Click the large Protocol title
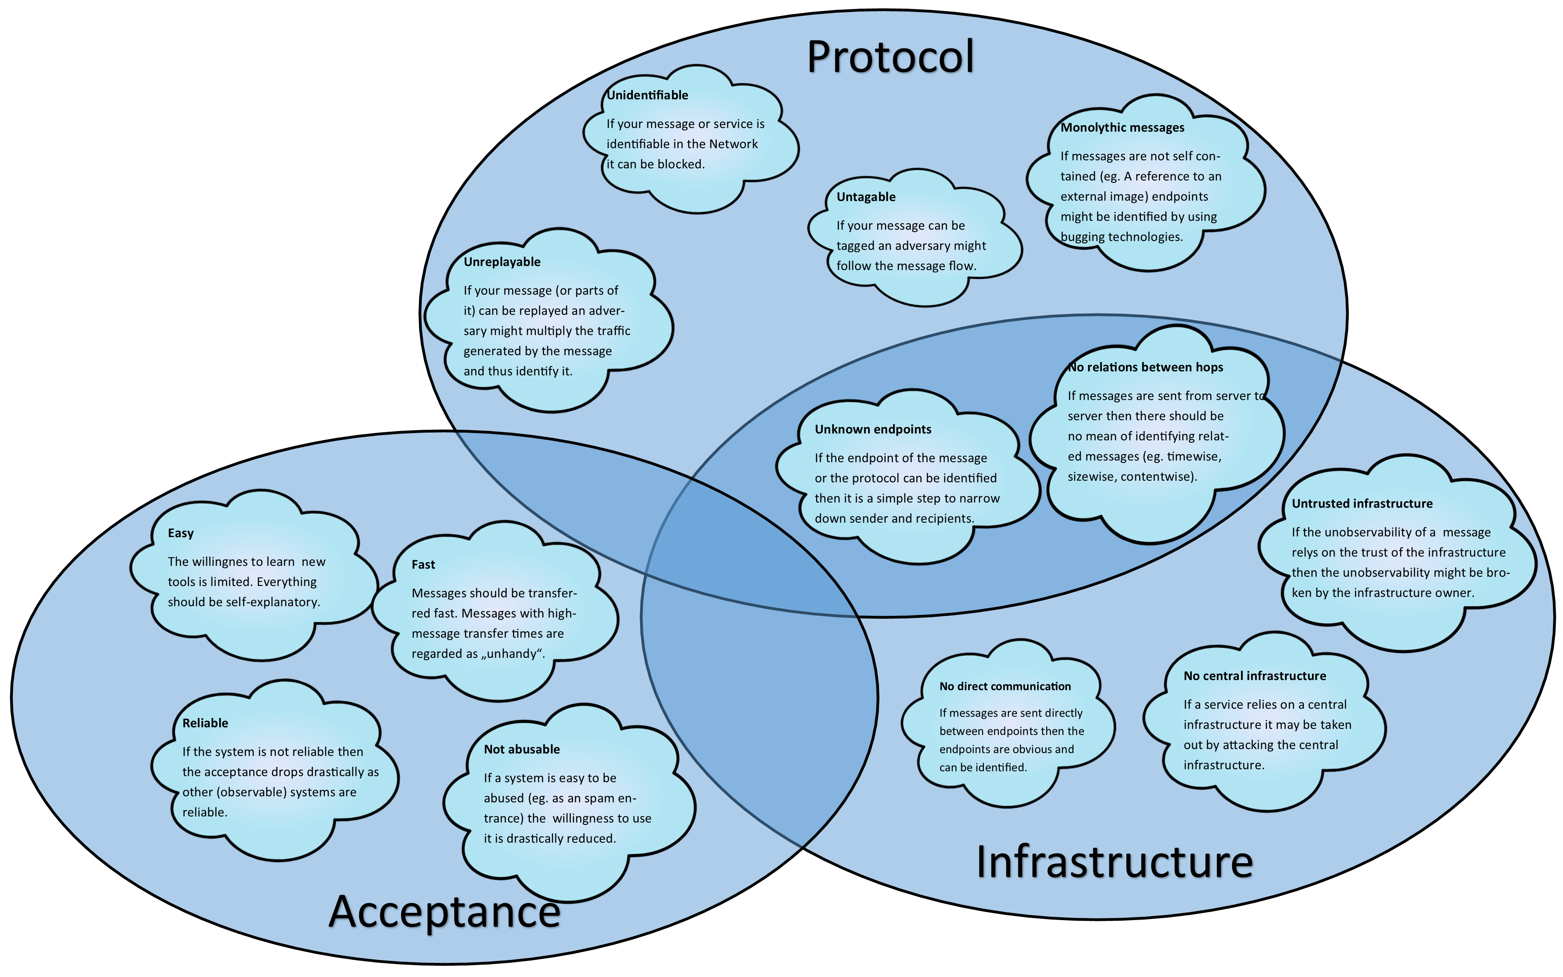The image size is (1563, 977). coord(890,57)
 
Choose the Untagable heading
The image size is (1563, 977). coord(866,197)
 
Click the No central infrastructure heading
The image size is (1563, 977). coord(1255,676)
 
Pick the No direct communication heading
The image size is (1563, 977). coord(1005,686)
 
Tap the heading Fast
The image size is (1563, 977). coord(423,565)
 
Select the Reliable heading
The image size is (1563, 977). coord(205,723)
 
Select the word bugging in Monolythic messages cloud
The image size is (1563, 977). coord(1082,237)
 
